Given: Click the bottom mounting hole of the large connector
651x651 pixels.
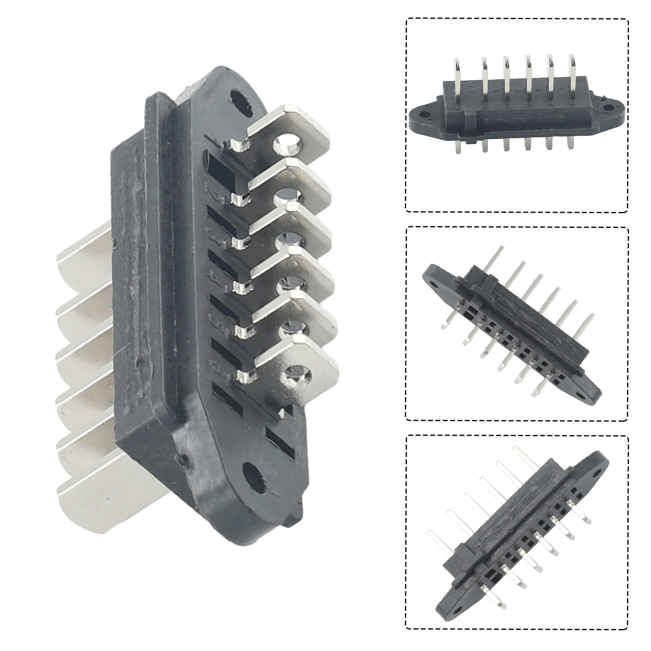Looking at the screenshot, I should coord(253,474).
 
